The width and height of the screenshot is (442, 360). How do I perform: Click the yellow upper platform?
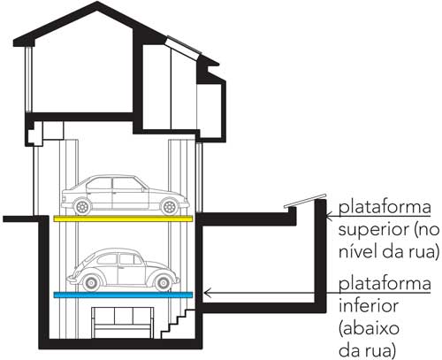click(123, 218)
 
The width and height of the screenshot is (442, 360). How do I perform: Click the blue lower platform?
click(123, 295)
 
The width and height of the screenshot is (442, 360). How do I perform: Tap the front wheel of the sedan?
click(170, 207)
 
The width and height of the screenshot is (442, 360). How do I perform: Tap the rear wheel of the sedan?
click(82, 207)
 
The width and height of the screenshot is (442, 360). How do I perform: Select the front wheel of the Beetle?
click(163, 283)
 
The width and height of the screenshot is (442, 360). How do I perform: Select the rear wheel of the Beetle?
click(91, 283)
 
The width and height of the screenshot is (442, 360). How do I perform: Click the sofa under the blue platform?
click(122, 323)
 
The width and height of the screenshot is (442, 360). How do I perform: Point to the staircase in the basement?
click(178, 324)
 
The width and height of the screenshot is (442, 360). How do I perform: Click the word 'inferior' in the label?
click(369, 305)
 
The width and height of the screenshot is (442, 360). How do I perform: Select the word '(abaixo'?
click(369, 328)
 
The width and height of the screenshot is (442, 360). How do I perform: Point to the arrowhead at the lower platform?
click(206, 293)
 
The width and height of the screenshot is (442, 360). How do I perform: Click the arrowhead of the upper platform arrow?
click(329, 218)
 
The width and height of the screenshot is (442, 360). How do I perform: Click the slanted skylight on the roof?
click(184, 47)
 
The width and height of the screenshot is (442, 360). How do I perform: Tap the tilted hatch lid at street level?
click(305, 201)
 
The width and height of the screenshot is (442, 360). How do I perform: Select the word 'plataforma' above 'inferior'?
click(385, 284)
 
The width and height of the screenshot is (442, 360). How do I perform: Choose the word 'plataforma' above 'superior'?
click(385, 207)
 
